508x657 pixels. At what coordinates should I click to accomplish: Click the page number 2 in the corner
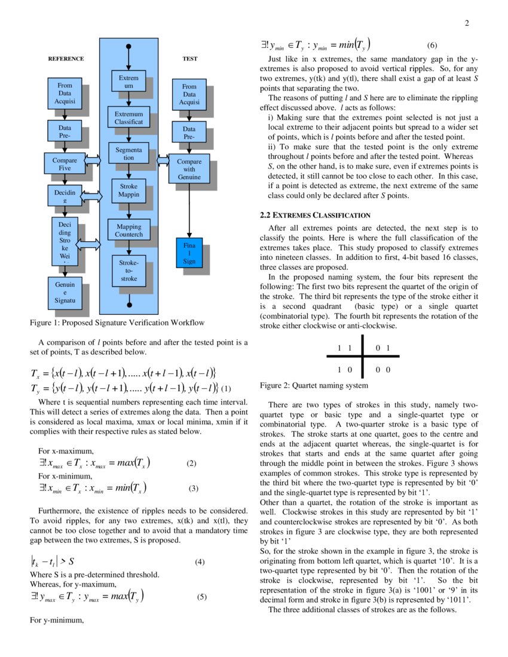pos(467,23)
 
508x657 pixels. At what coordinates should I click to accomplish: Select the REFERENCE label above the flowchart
pos(66,59)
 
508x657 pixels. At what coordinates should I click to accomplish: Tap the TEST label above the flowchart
pos(189,59)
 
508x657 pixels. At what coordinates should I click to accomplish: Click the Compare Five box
pos(65,164)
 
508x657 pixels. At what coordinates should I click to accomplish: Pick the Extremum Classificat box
pos(128,118)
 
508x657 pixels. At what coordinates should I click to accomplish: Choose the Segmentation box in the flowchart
pos(128,154)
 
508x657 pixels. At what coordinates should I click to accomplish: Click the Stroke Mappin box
pos(128,191)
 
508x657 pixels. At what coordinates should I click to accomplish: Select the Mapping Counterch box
pos(128,231)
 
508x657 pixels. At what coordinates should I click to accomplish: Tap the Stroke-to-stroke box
pos(128,271)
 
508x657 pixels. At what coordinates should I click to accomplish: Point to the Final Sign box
pos(189,253)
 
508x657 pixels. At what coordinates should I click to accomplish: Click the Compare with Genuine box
pos(189,170)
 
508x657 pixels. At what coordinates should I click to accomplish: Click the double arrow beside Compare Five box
pos(93,160)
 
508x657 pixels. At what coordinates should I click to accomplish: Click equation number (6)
pos(432,45)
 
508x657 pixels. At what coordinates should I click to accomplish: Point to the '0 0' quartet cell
pos(383,369)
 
